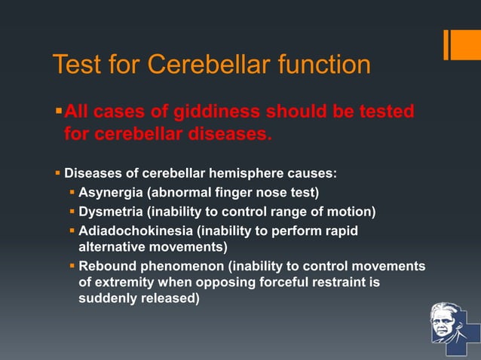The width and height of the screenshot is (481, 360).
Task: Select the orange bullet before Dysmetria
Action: (72, 211)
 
